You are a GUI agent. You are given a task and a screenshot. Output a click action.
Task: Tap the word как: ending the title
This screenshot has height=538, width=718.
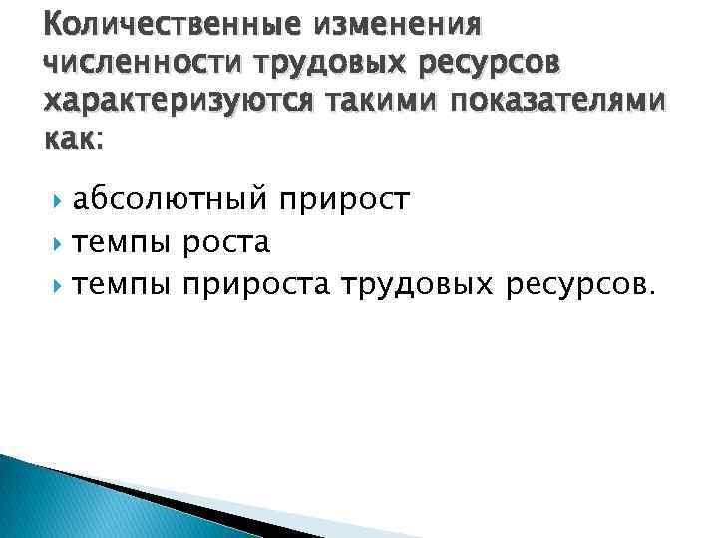click(x=73, y=140)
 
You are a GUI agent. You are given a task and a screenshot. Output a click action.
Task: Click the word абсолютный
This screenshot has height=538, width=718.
click(x=172, y=201)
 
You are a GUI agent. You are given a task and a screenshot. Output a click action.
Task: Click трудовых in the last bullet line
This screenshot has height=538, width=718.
click(x=418, y=287)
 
